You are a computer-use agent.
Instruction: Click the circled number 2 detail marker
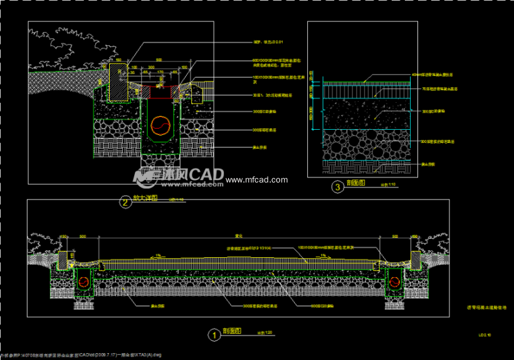coord(125,202)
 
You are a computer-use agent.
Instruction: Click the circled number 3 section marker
coord(338,186)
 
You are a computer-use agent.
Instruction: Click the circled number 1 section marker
coord(214,335)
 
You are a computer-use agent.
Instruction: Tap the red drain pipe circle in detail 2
coord(161,125)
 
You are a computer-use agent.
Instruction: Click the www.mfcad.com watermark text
coord(256,180)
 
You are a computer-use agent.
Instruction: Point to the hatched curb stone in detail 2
coord(120,81)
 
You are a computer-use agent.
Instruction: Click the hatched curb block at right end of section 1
coord(416,258)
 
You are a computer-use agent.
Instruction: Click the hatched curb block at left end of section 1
coord(63,258)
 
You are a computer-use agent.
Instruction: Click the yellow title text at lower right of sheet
coord(486,307)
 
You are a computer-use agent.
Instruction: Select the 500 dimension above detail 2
coord(159,60)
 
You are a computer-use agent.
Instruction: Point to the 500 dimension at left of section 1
coord(82,236)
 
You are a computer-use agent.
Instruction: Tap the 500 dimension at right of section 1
coord(395,236)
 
